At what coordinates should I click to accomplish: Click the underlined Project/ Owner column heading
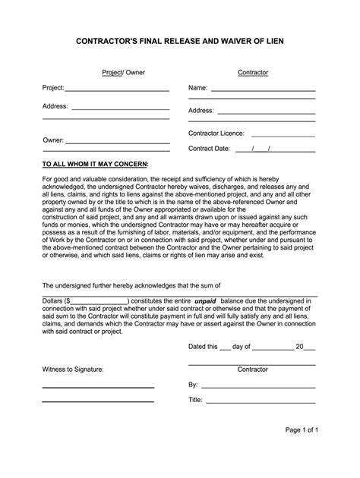[124, 73]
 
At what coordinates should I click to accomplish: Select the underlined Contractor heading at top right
[253, 73]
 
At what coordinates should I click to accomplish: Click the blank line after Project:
[117, 90]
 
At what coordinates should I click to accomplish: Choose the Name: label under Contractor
[198, 88]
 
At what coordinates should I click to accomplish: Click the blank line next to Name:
[263, 90]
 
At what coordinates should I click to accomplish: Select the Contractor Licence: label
[216, 134]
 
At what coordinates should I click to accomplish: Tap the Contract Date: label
[209, 149]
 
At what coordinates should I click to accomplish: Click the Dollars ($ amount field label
[57, 301]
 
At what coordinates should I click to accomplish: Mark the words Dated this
[202, 347]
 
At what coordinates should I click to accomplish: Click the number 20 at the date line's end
[299, 347]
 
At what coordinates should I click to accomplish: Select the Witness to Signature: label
[73, 370]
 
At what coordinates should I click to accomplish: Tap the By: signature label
[193, 385]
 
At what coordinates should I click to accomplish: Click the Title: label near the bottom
[195, 400]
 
